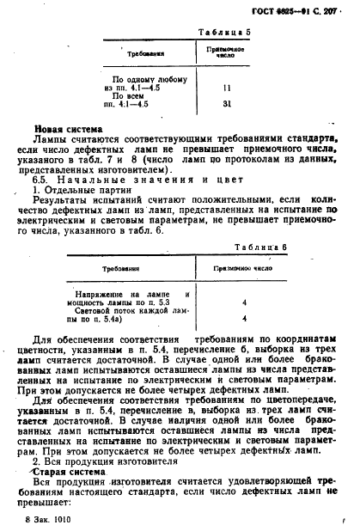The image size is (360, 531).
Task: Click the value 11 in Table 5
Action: [227, 88]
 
